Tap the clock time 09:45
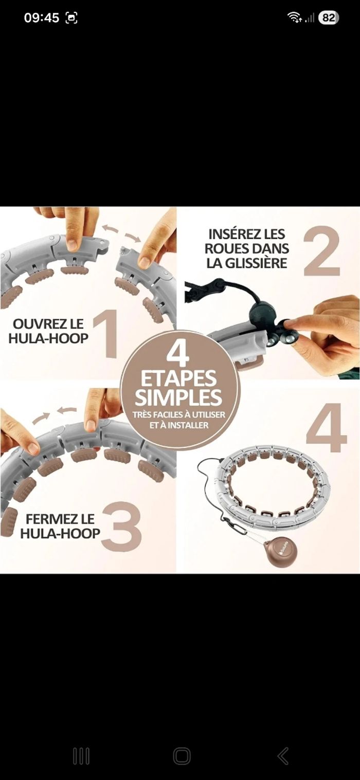42,18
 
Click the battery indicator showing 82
329,18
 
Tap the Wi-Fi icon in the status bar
295,17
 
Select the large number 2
321,251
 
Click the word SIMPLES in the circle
178,397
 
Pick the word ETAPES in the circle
178,378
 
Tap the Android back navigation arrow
283,756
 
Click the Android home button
182,756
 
